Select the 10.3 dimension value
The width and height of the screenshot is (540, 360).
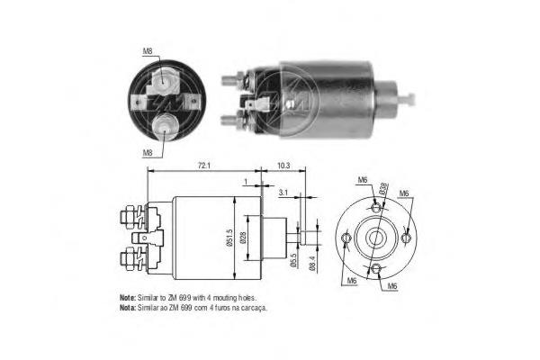pos(284,166)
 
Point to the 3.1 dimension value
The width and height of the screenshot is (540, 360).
pos(283,192)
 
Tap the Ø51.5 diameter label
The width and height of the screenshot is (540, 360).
pos(230,236)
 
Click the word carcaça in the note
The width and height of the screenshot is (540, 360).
pos(255,307)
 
